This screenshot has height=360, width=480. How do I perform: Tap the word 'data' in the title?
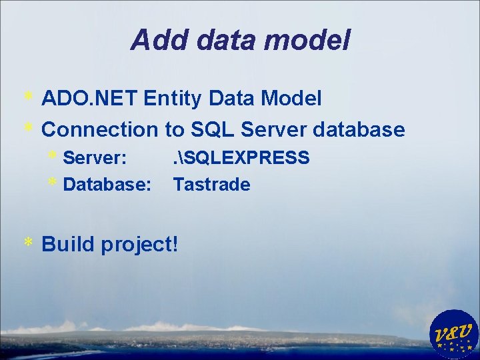[224, 41]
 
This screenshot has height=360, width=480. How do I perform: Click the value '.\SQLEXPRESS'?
[241, 158]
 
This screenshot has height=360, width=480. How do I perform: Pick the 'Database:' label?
[107, 185]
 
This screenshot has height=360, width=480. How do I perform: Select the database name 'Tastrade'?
[211, 185]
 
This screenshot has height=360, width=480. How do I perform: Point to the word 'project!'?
[140, 245]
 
